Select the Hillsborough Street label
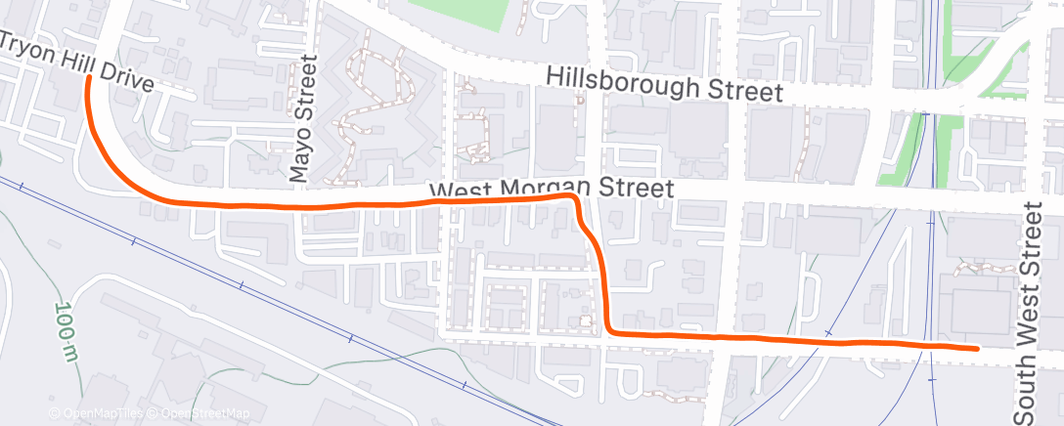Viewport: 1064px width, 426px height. tap(665, 85)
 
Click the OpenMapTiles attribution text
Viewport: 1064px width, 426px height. tap(97, 414)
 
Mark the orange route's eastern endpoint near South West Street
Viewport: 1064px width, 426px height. tap(977, 347)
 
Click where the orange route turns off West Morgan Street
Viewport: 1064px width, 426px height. tap(574, 198)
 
